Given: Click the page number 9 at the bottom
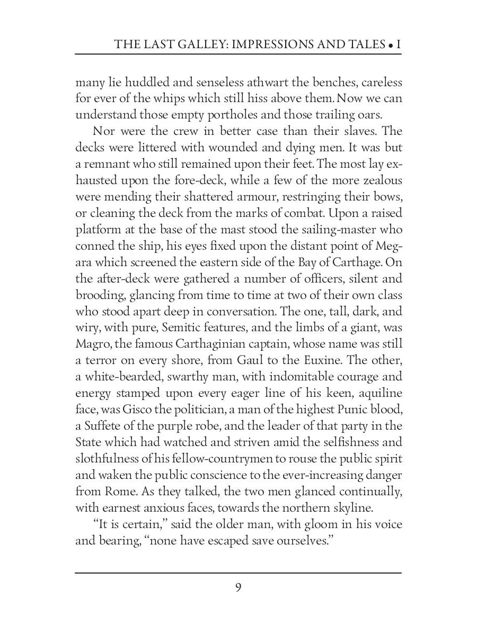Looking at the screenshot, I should (238, 588).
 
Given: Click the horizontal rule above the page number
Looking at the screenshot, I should (238, 573).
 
